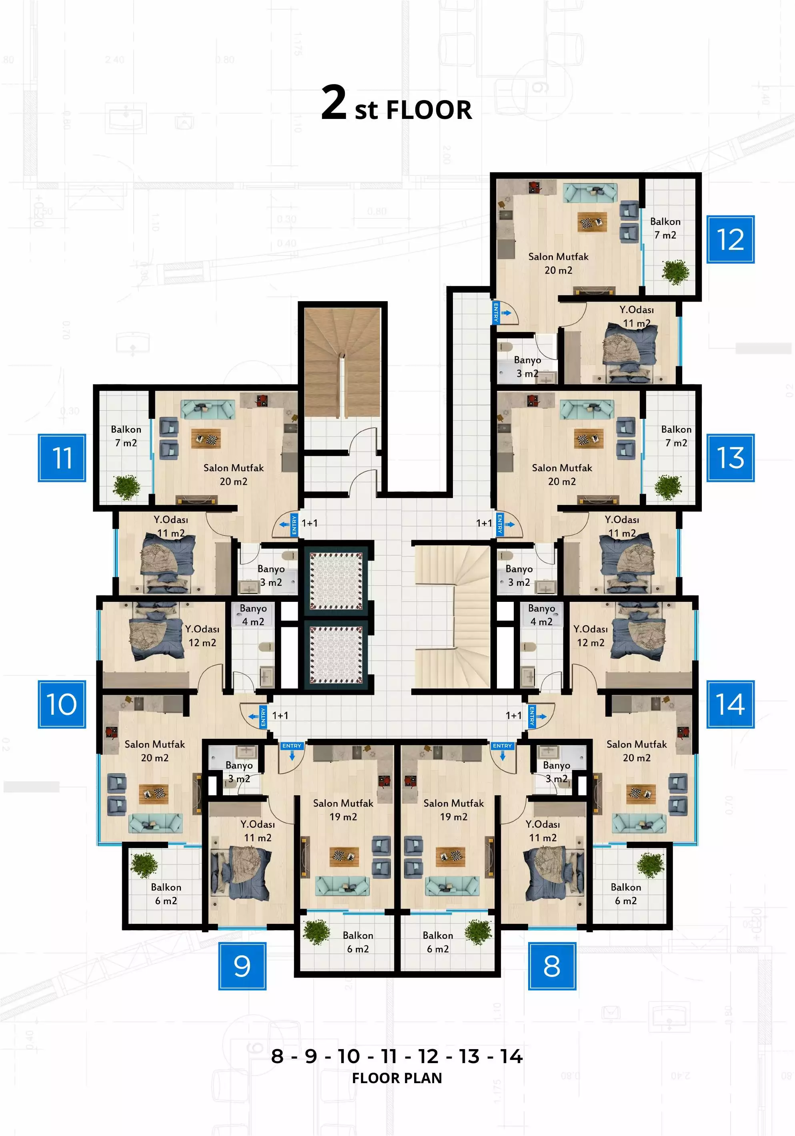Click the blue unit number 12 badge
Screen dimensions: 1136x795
[730, 239]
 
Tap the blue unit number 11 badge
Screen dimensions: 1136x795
[62, 458]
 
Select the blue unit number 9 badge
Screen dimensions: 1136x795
[242, 966]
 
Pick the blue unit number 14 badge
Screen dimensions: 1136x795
[730, 704]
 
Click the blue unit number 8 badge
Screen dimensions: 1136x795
[552, 966]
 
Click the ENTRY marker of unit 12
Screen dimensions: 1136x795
[496, 313]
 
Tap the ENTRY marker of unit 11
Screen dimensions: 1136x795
[294, 525]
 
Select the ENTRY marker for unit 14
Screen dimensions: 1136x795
[532, 716]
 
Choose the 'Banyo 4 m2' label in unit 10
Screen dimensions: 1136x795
[253, 615]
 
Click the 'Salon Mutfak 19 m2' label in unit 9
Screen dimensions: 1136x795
[343, 810]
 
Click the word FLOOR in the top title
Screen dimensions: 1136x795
[429, 110]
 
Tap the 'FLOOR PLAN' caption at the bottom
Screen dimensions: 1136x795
[397, 1078]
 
